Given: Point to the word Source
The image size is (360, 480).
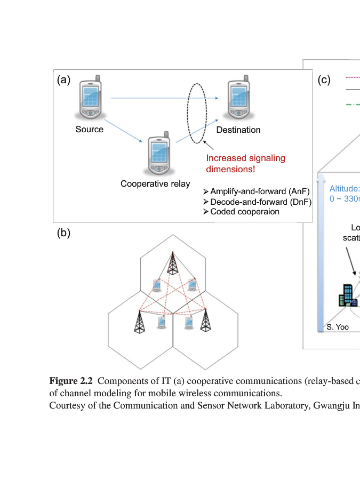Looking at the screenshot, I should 89,130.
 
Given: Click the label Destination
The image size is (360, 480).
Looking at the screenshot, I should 238,130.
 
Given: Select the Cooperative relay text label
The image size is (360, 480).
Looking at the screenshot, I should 155,184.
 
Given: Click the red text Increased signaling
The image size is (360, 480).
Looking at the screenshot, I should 245,158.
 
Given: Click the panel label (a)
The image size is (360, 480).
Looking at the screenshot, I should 63,80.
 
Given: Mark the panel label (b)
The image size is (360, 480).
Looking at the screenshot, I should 63,233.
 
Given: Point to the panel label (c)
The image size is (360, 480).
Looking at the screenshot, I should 324,80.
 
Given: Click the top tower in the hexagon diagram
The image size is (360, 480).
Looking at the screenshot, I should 172,263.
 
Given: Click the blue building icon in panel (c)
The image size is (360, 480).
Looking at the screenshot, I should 347,295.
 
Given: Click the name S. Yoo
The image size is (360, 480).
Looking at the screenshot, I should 338,327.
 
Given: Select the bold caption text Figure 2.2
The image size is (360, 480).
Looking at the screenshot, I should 71,381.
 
